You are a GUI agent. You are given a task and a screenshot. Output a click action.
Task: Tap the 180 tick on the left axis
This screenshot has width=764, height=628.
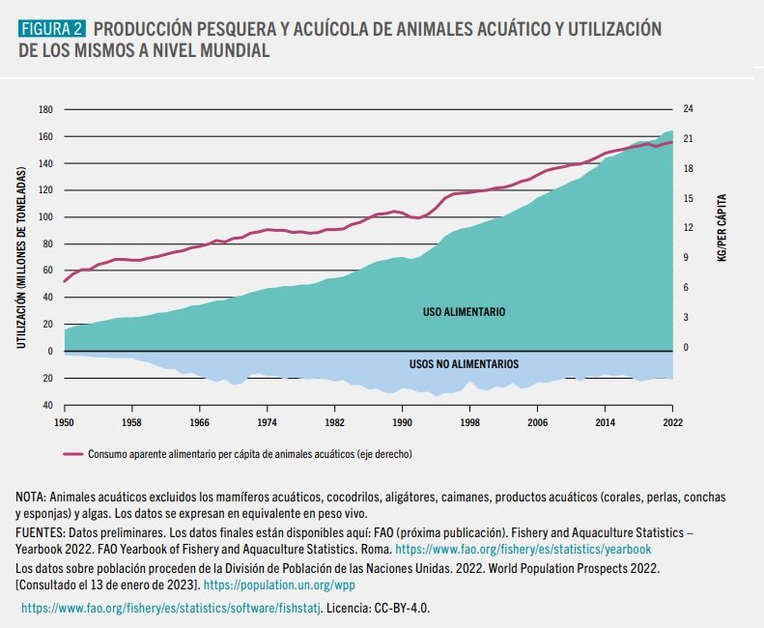point(45,109)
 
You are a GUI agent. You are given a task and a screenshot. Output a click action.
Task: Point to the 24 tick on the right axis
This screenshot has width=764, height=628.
point(688,109)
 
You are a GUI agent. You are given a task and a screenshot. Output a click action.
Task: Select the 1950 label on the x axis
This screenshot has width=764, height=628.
point(64,423)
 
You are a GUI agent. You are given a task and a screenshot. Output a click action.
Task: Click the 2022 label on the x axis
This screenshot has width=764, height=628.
point(673,423)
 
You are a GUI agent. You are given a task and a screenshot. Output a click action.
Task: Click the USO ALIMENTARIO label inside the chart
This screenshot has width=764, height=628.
point(464,313)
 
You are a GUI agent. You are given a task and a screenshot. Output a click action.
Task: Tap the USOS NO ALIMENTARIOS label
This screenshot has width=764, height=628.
point(464,364)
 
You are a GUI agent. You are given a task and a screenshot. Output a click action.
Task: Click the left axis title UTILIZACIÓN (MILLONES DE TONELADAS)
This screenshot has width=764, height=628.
point(20,258)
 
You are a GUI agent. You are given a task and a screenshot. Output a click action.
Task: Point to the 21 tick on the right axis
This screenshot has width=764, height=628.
point(688,139)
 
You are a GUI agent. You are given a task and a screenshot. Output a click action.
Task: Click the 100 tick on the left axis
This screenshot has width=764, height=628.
point(45,216)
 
